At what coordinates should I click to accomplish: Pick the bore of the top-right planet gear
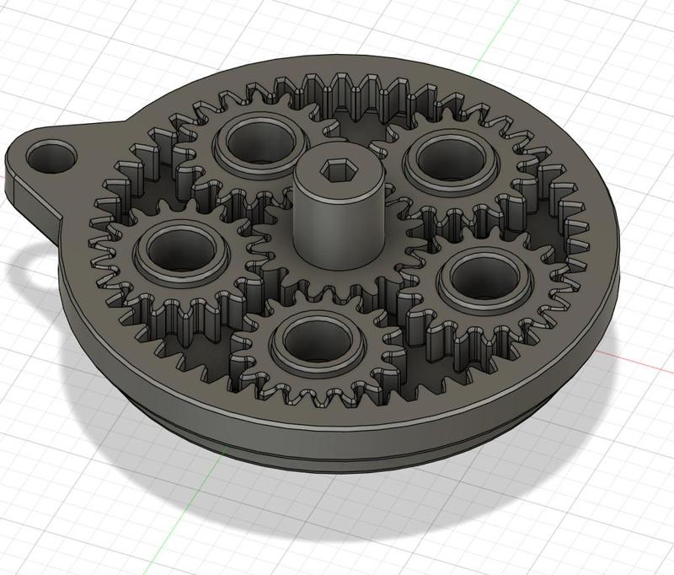pyautogui.click(x=447, y=157)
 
